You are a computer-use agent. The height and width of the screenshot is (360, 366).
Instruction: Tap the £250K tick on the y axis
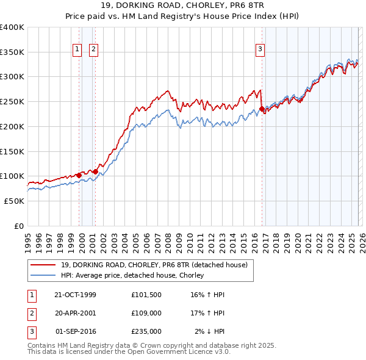click(x=12, y=101)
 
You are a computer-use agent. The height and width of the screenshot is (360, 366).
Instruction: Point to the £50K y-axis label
click(x=14, y=201)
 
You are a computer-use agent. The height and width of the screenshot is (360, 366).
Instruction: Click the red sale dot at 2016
click(x=262, y=109)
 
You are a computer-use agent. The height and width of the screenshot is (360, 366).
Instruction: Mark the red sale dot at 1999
click(x=79, y=175)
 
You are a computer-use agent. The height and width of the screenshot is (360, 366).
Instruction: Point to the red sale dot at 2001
click(x=95, y=171)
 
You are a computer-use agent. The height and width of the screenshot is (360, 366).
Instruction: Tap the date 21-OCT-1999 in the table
click(x=75, y=295)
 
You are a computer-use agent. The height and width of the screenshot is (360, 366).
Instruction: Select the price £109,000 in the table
click(x=146, y=313)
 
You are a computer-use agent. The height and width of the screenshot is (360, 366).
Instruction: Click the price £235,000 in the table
click(x=146, y=331)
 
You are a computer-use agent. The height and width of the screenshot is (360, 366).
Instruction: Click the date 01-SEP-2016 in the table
click(x=75, y=331)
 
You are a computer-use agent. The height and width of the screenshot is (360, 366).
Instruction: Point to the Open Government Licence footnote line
click(x=129, y=352)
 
